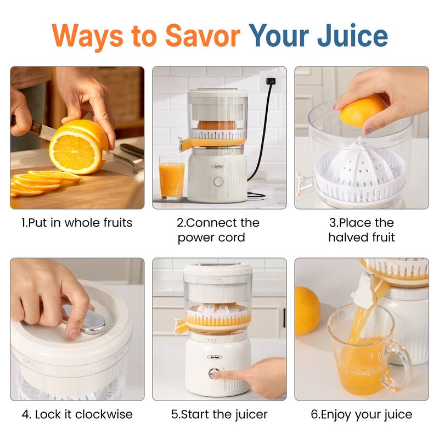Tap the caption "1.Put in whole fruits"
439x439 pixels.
77,223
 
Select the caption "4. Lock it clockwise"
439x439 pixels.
77,414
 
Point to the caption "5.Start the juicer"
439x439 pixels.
219,414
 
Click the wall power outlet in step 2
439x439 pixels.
269,81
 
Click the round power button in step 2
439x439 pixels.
218,181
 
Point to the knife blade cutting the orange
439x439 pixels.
44,131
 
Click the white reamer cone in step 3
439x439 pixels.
359,165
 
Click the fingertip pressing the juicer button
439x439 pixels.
216,374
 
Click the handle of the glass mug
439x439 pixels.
402,365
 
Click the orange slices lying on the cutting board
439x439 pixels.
38,182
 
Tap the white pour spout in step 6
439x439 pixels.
367,288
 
